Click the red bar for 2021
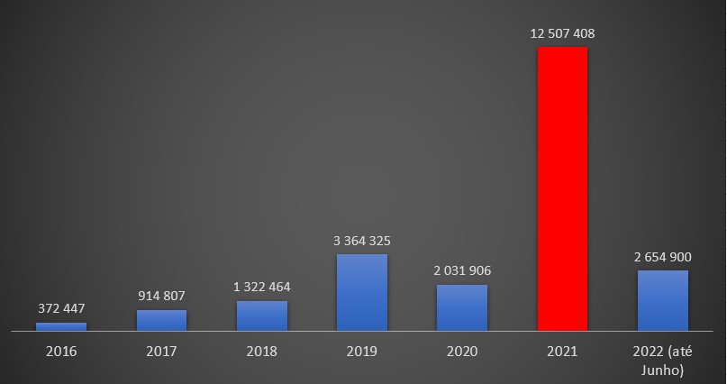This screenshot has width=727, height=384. click(x=562, y=188)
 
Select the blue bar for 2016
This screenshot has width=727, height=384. click(x=61, y=326)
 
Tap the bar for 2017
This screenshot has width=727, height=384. click(x=162, y=320)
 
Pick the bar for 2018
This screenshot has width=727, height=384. click(x=262, y=315)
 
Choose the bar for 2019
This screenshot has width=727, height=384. click(x=362, y=292)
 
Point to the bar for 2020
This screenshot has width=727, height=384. click(x=462, y=307)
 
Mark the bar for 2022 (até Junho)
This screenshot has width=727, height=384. click(x=662, y=300)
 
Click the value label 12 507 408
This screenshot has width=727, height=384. click(x=562, y=34)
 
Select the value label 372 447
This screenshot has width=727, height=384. click(x=61, y=309)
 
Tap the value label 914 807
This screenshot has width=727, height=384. click(x=162, y=297)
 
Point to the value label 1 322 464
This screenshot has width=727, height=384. click(x=262, y=288)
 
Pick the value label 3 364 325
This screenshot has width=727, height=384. click(x=362, y=241)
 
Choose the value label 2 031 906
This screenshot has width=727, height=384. click(x=462, y=271)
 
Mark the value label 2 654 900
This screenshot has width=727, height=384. click(x=662, y=257)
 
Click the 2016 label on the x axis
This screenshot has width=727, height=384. click(x=61, y=351)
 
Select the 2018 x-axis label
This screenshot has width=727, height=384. click(x=262, y=351)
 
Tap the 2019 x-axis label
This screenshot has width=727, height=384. click(x=362, y=351)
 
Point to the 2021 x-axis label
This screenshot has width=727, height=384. click(x=562, y=351)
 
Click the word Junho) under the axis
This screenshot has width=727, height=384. click(x=662, y=369)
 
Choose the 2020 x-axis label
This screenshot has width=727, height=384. click(x=462, y=351)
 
